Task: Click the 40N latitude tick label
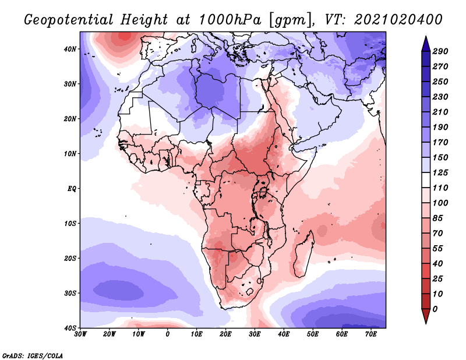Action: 70,49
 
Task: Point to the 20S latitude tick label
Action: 70,258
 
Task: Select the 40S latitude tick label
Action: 70,328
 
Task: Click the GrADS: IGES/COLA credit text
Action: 33,355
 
